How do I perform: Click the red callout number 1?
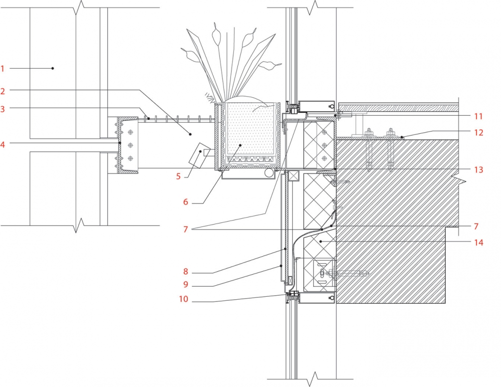3,69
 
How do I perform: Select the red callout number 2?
3,91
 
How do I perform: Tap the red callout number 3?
3,109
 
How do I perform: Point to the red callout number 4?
3,144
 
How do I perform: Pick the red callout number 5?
178,176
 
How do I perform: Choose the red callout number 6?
186,202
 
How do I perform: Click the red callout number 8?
186,272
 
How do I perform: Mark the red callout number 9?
186,285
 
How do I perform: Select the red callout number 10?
184,299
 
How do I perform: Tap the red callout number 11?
478,116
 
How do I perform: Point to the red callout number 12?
478,132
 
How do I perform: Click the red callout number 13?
478,169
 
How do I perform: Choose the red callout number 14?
478,243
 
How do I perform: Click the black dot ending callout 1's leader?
53,68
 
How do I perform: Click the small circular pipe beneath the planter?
269,173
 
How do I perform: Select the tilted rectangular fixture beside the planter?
199,155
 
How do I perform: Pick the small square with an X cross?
293,176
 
